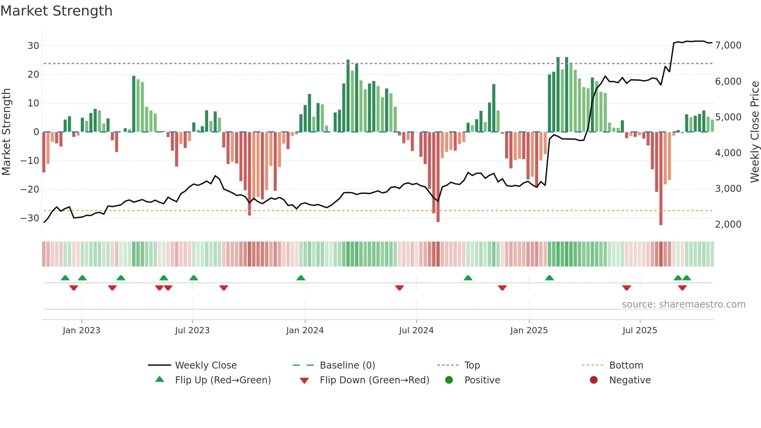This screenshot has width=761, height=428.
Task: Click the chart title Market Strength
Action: [56, 11]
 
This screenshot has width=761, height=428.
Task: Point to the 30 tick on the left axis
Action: [33, 46]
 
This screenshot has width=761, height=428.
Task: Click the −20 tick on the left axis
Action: [30, 190]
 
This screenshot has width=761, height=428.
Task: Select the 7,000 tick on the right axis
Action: [728, 45]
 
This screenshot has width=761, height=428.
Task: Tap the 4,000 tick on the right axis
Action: [728, 153]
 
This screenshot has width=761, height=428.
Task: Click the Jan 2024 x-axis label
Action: [305, 331]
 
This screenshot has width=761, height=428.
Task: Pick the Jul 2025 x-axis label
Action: [639, 331]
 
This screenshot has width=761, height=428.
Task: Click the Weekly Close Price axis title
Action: [754, 132]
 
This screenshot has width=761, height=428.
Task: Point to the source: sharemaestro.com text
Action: [683, 304]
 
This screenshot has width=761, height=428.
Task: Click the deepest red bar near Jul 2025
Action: [661, 179]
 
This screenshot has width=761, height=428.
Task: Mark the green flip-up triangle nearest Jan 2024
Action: [301, 278]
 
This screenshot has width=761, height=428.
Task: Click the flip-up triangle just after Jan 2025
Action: [549, 278]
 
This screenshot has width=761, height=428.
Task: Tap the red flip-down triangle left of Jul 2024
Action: [400, 288]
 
